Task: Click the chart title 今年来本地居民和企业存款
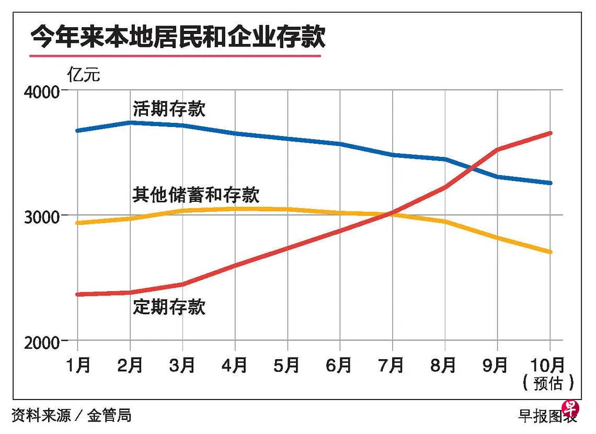(x=178, y=37)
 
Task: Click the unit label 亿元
(x=84, y=75)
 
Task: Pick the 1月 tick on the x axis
(x=78, y=366)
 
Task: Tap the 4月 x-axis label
(x=235, y=366)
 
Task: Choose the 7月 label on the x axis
(x=392, y=366)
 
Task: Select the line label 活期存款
(x=169, y=109)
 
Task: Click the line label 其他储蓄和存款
(x=196, y=195)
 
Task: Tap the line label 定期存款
(x=169, y=306)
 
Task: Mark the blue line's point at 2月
(x=130, y=123)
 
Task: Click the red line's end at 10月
(x=549, y=133)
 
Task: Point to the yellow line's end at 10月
(x=549, y=252)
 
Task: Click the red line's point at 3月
(x=182, y=284)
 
